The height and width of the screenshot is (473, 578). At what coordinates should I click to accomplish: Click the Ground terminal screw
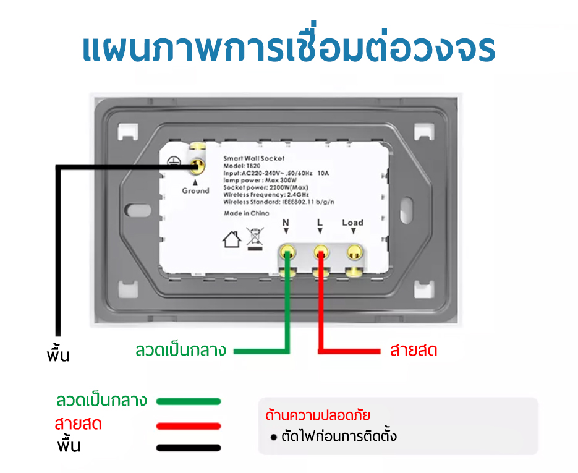click(197, 167)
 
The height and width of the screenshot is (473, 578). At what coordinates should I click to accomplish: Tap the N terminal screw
click(287, 253)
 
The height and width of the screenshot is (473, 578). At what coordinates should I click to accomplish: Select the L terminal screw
click(321, 253)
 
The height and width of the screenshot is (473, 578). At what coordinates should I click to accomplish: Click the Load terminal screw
click(355, 253)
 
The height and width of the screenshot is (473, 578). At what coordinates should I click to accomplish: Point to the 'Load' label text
click(353, 223)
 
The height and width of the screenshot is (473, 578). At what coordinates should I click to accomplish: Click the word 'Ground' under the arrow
click(195, 190)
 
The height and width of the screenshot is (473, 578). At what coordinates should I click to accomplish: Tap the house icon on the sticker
click(232, 240)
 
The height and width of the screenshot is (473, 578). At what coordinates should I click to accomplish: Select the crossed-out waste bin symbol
click(255, 239)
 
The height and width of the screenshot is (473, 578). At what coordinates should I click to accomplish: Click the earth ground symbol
click(174, 161)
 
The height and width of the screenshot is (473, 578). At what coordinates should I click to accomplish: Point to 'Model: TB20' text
click(242, 166)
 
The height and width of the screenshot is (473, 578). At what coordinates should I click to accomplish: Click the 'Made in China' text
click(247, 213)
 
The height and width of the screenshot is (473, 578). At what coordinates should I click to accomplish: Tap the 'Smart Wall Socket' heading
click(254, 158)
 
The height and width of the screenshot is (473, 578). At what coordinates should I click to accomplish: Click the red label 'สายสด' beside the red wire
click(414, 350)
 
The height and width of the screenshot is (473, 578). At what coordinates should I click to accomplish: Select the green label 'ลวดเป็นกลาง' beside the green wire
click(181, 350)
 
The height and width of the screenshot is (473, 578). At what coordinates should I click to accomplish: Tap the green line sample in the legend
click(189, 401)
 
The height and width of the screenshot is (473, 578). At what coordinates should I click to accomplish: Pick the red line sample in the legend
click(189, 426)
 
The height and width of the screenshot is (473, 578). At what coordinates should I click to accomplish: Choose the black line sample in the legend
click(189, 448)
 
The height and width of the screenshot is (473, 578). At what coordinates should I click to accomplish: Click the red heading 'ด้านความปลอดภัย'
click(318, 415)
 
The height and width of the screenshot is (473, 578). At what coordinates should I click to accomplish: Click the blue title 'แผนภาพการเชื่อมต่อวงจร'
click(289, 46)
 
